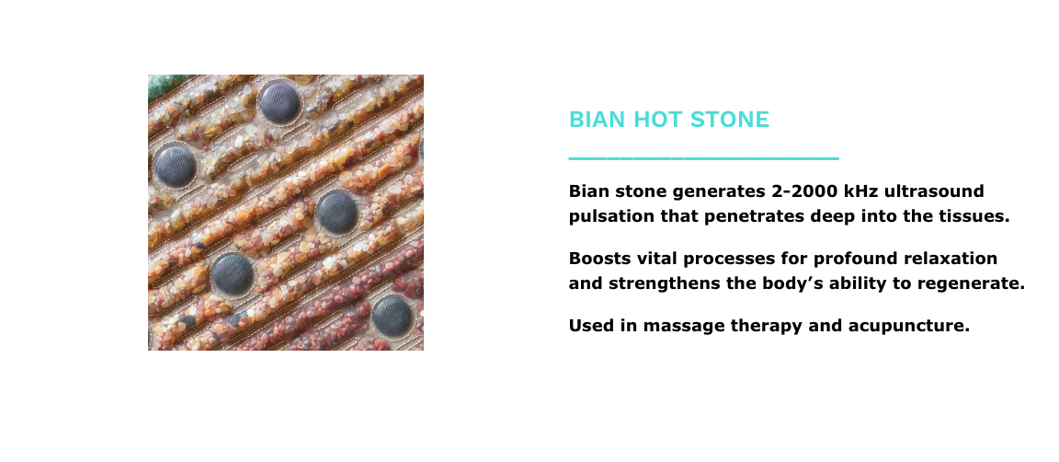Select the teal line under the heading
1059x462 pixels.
[x=704, y=158]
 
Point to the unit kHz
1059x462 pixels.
[x=861, y=191]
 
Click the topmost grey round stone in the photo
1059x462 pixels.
[x=279, y=101]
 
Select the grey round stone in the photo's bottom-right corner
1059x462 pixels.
[x=393, y=316]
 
